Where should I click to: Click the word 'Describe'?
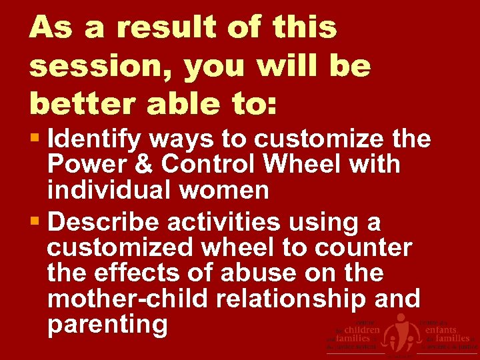point(103,221)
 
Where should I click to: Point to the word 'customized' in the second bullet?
point(123,247)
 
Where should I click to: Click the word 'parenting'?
point(107,325)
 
